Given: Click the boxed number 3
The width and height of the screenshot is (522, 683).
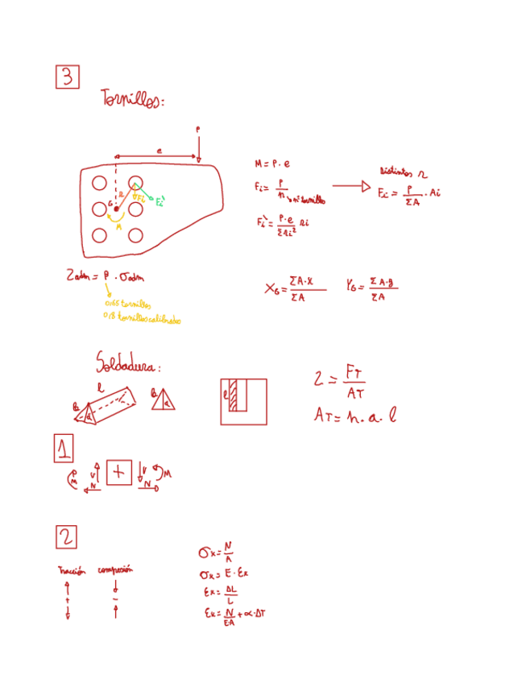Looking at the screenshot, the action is (x=68, y=77).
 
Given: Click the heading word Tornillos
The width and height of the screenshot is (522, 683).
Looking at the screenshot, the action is (x=133, y=100).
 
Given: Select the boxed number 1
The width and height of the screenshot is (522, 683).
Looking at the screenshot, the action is (x=65, y=448).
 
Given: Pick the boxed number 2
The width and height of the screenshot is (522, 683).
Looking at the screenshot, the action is (x=66, y=536).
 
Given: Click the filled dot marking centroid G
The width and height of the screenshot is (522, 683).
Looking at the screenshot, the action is (x=116, y=209).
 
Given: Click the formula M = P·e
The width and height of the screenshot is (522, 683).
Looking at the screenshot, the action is (x=271, y=164).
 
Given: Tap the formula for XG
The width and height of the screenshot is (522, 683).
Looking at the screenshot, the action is (x=294, y=288).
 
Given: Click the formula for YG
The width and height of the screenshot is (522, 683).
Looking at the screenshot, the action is (x=373, y=288).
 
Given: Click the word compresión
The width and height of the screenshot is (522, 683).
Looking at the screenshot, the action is (x=115, y=569).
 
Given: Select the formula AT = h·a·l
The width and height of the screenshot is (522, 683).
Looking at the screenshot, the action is (x=355, y=416).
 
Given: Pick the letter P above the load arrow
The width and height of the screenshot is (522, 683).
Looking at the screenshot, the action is (x=198, y=128).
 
